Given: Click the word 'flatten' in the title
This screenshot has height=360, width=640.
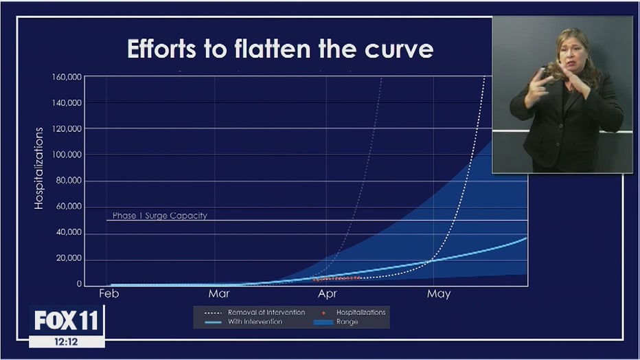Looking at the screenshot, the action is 273,49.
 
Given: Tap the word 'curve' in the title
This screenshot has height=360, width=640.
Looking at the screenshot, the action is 399,49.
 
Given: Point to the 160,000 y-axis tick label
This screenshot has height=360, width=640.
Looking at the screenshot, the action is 67,77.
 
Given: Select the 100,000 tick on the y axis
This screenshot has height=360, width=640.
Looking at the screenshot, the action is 67,155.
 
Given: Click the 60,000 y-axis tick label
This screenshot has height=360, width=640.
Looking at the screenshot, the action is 69,207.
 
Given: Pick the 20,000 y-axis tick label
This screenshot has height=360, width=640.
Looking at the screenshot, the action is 69,258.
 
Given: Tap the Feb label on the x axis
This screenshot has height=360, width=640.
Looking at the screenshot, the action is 109,293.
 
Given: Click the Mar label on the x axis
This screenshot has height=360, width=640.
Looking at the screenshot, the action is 219,293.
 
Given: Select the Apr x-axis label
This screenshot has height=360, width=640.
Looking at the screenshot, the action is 328,294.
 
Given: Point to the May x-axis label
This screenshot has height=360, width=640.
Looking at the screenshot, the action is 439,294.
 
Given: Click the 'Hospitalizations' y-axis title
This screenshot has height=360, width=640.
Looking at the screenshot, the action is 38,168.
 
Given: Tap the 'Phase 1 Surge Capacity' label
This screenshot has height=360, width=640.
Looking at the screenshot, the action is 159,216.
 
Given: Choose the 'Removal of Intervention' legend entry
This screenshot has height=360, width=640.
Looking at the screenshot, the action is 255,312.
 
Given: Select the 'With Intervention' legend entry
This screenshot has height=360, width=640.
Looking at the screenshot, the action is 244,322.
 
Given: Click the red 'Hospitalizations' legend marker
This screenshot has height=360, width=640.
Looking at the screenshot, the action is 323,313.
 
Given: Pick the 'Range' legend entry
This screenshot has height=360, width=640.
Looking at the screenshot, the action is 336,322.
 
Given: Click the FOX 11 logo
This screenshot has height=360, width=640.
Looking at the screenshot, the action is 67,320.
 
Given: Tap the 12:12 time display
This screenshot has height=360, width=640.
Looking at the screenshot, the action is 66,341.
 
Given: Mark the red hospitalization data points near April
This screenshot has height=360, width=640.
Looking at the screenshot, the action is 336,278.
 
